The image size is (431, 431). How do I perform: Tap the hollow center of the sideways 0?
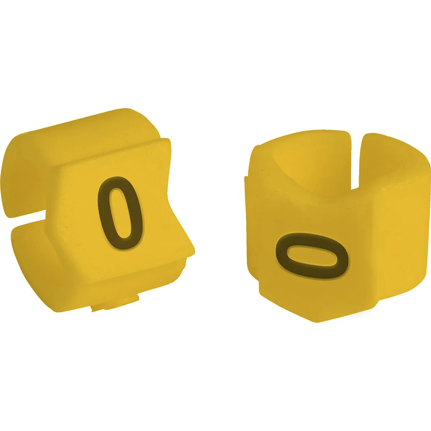(312, 256)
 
